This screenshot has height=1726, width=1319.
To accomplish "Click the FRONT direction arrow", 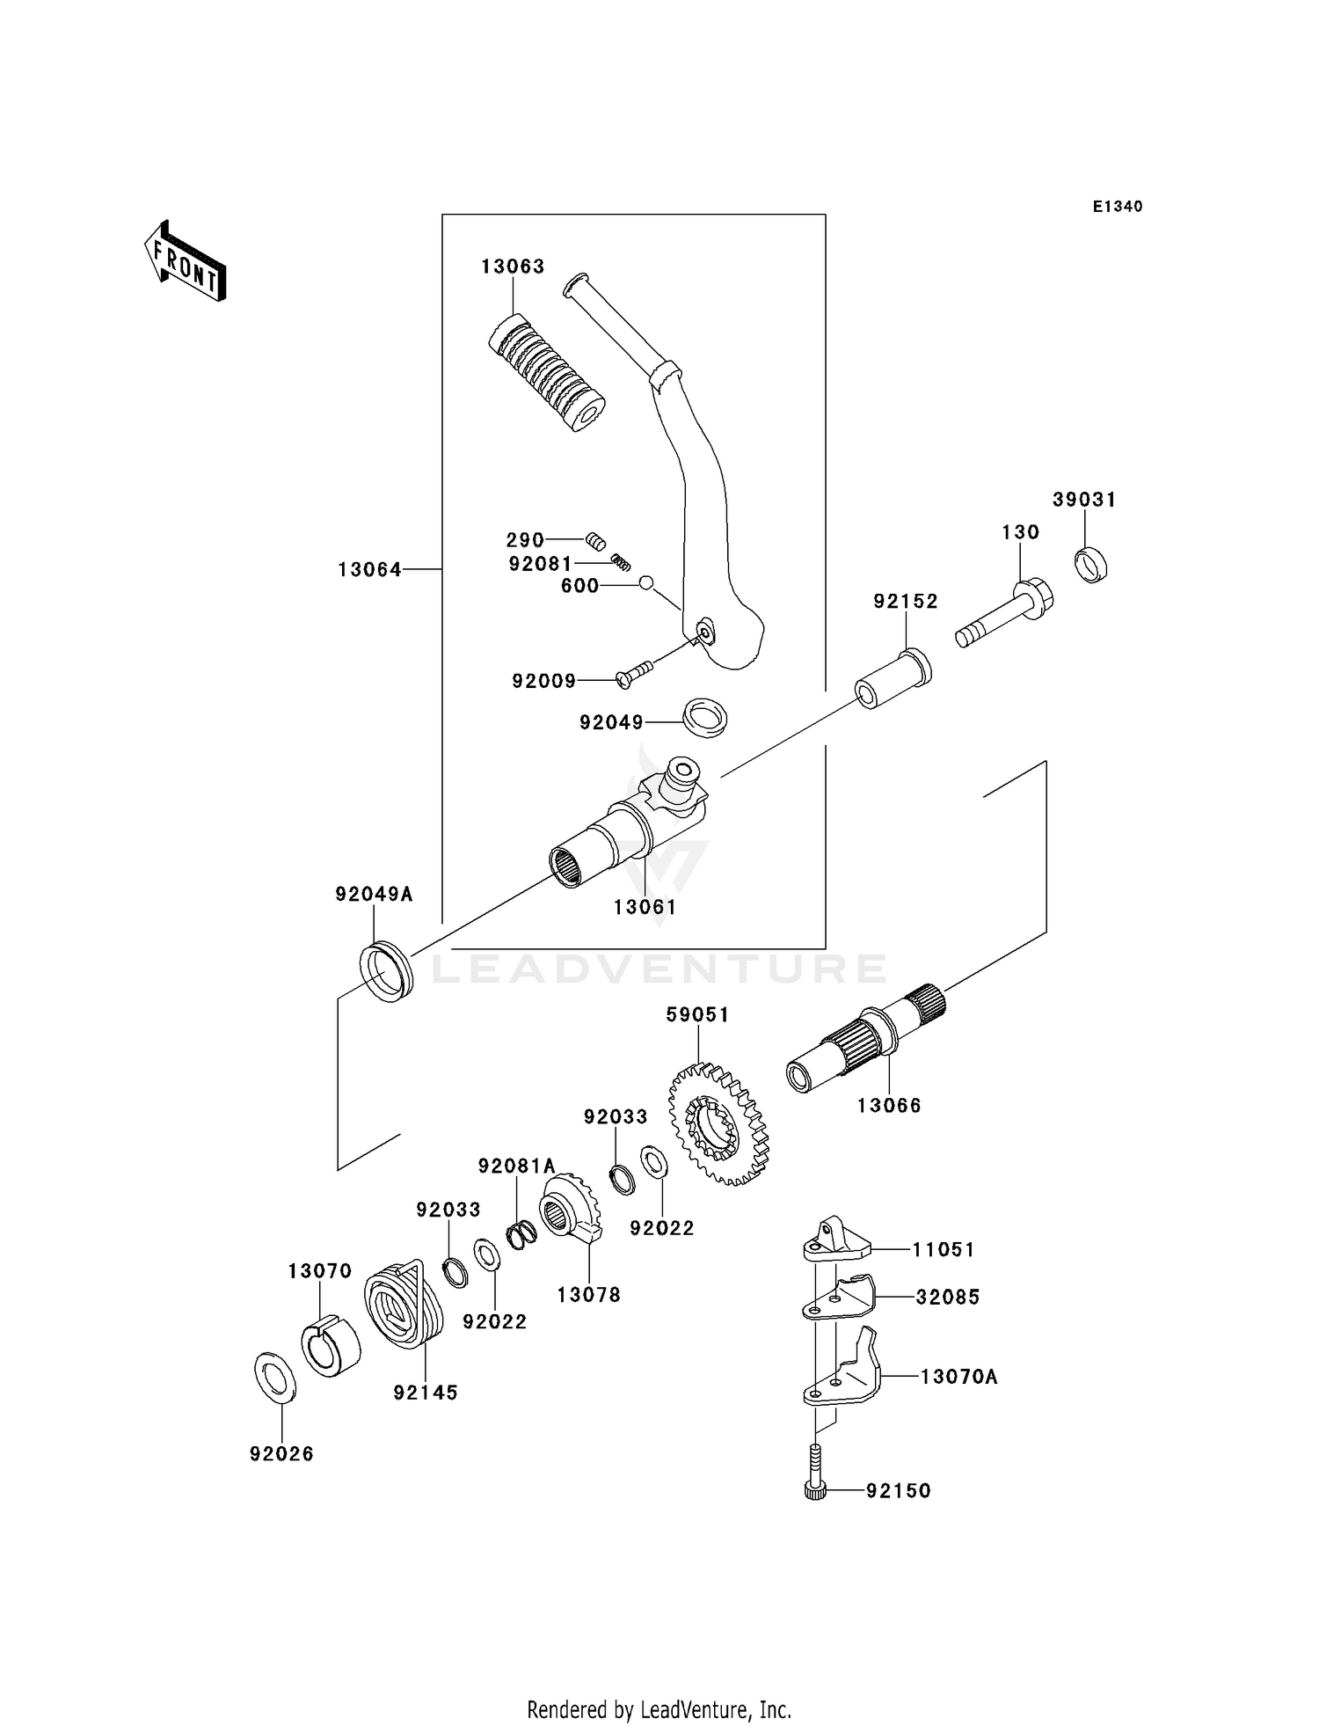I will pos(186,262).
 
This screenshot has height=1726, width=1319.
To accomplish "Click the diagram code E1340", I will pos(1118,207).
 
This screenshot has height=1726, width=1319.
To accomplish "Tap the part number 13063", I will pos(513,267).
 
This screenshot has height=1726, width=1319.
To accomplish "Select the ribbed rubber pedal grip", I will pos(545,373).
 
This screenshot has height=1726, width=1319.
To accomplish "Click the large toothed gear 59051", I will pos(718,1124).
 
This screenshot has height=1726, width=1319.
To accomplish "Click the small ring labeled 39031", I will pos(1091,564).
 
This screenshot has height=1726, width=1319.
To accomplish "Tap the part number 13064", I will pos(369,570).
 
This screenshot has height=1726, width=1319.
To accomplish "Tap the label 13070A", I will pos(958,1377).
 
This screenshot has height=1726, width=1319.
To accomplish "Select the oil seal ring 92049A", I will pos(386,971).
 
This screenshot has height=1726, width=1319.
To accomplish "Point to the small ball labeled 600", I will pos(646,582).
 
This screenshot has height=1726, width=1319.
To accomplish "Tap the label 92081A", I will pos(516,1166).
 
